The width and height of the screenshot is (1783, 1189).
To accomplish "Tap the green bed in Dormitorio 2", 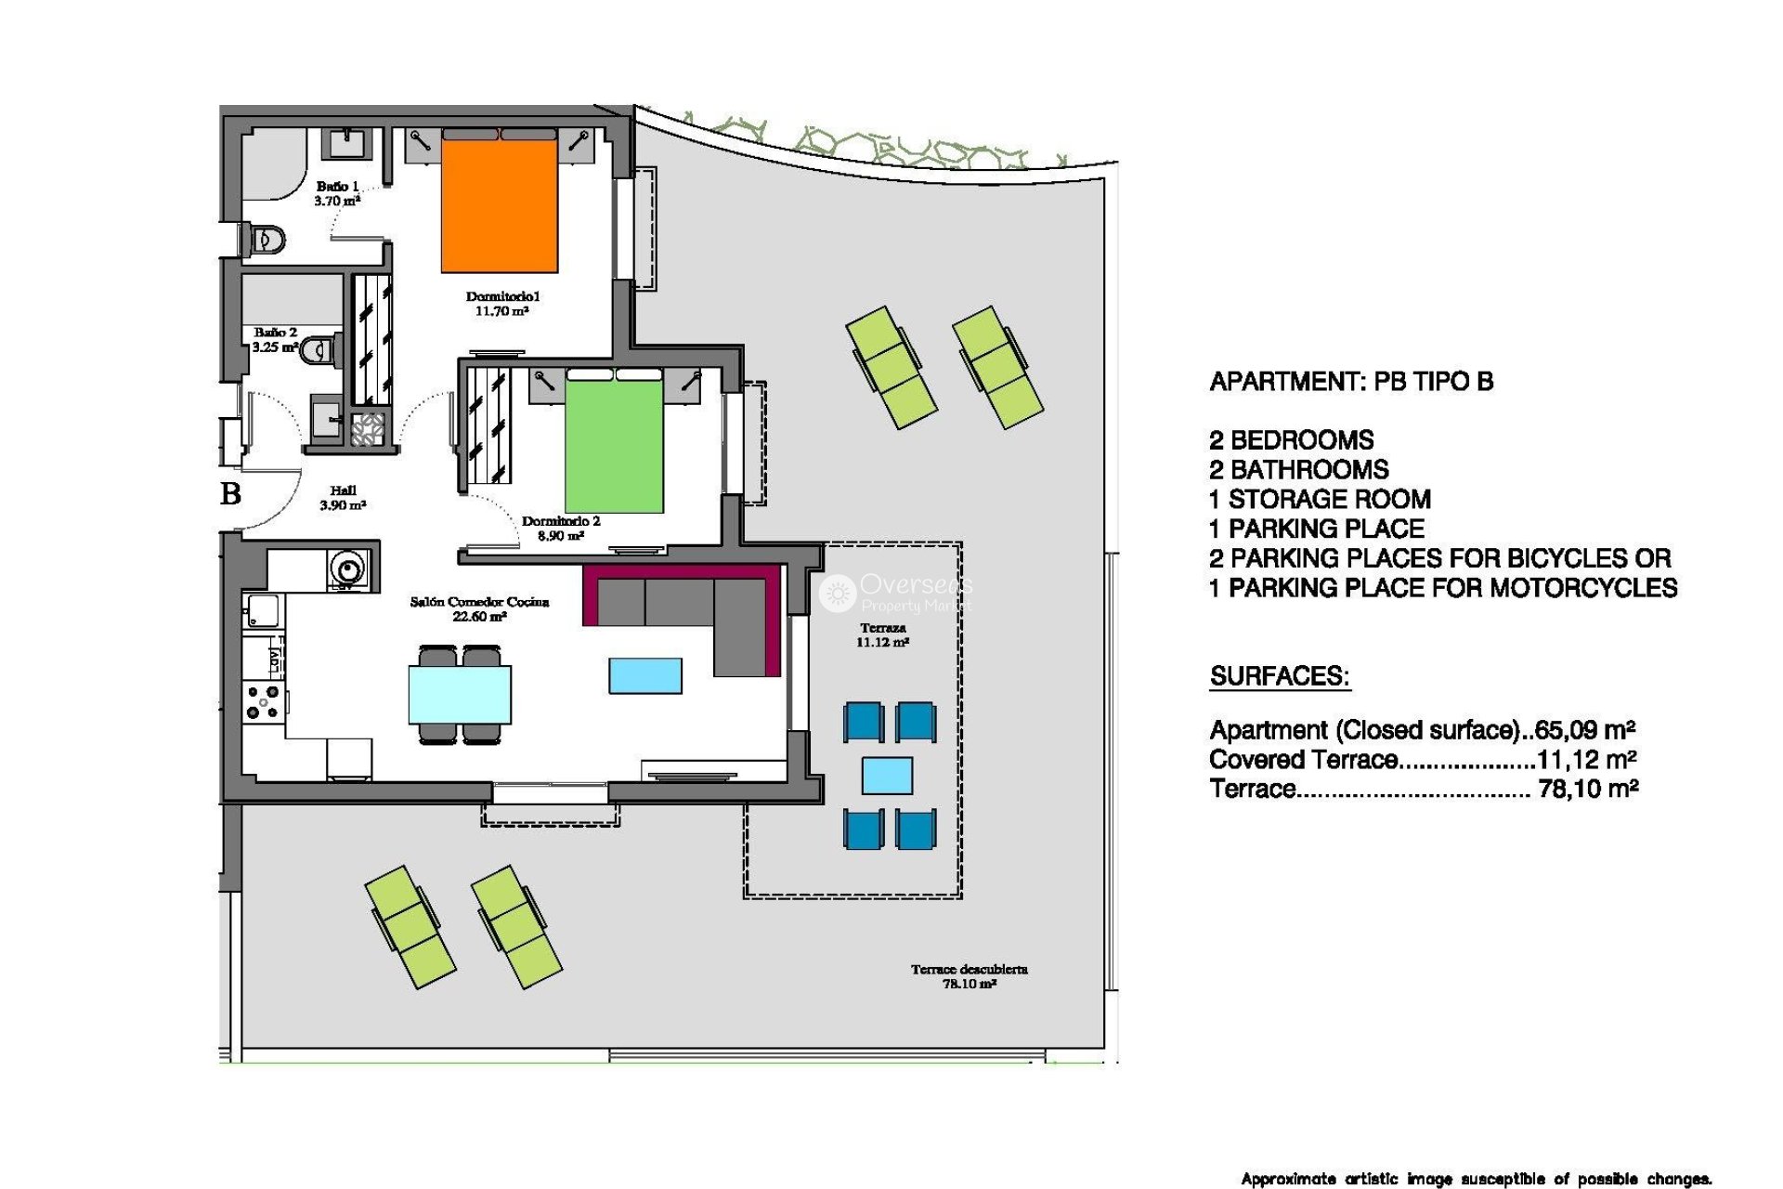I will (x=614, y=446).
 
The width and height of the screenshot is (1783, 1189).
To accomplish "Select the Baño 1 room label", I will (x=336, y=193).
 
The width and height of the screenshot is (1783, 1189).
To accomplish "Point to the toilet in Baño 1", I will (x=266, y=241).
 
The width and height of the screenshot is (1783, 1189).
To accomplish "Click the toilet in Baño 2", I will (x=319, y=350).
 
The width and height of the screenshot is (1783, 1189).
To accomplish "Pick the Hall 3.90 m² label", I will (x=343, y=498).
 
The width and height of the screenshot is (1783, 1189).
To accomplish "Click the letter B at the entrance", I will (x=230, y=493).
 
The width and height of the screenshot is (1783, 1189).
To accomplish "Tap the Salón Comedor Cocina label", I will (x=479, y=608).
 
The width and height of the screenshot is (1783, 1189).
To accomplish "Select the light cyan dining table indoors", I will (x=460, y=694).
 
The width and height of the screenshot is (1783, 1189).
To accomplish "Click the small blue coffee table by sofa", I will (x=645, y=675).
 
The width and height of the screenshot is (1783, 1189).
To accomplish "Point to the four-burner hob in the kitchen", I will (x=263, y=702).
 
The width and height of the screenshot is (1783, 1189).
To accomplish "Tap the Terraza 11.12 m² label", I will (x=882, y=634).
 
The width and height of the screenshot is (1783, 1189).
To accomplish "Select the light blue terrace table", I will (x=887, y=776).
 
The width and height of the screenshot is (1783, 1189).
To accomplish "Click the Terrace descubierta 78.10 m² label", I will (x=969, y=976).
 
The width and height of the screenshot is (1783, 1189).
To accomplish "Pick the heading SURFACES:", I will (x=1280, y=676).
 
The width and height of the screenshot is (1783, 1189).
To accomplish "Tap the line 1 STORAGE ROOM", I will (x=1320, y=500).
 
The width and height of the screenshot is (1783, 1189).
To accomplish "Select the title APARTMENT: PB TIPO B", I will (x=1351, y=382).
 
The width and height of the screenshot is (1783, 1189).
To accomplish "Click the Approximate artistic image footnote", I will (x=1476, y=1179).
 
